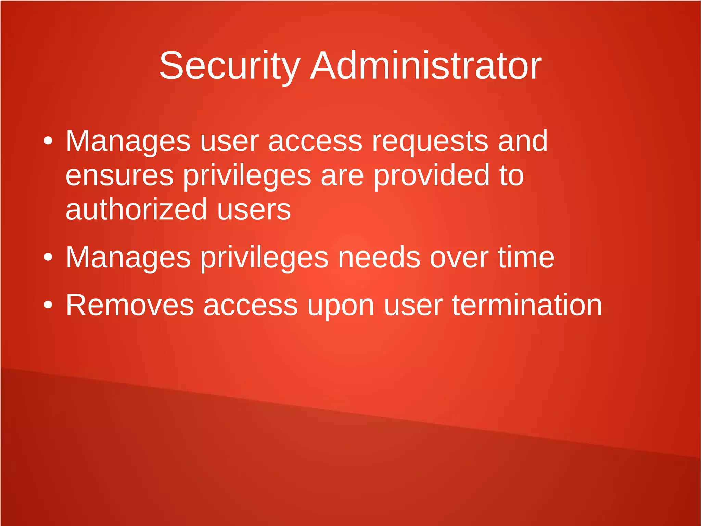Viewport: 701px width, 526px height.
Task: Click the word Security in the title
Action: (230, 66)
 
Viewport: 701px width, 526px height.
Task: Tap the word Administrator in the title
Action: (425, 66)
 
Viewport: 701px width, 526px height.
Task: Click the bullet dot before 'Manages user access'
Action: (48, 141)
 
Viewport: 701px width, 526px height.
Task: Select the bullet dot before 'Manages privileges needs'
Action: (48, 257)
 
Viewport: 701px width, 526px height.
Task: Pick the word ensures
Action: (119, 176)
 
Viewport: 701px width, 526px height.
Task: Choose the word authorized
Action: (136, 209)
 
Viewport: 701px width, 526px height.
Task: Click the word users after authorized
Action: (254, 210)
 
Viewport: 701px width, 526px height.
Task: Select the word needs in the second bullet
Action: (379, 258)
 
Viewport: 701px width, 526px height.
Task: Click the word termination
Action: (527, 305)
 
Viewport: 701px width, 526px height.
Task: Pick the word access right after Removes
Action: (251, 306)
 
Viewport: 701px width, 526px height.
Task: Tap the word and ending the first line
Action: (523, 141)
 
